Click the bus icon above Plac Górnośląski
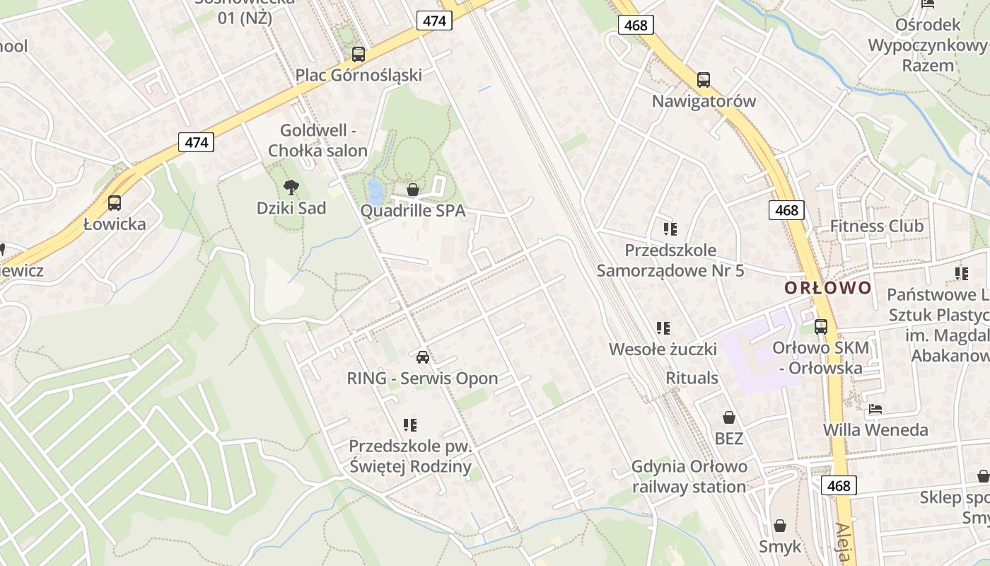point(359,54)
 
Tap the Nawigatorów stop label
point(704,101)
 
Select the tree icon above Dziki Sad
point(291,187)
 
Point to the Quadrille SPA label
point(413,211)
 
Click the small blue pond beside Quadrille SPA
point(375,190)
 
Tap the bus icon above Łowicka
point(115,203)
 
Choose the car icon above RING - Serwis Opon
point(423,357)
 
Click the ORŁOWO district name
point(828,288)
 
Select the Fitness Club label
point(876,226)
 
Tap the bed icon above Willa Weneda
point(875,409)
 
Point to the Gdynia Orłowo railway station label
point(689,477)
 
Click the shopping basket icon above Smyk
point(780,526)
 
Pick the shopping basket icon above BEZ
point(729,418)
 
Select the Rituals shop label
point(692,378)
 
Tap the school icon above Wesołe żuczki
point(663,328)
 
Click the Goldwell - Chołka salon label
point(318,140)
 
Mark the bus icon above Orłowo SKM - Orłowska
point(821,327)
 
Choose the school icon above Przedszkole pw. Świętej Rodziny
point(410,425)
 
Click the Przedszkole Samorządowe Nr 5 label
point(670,260)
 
